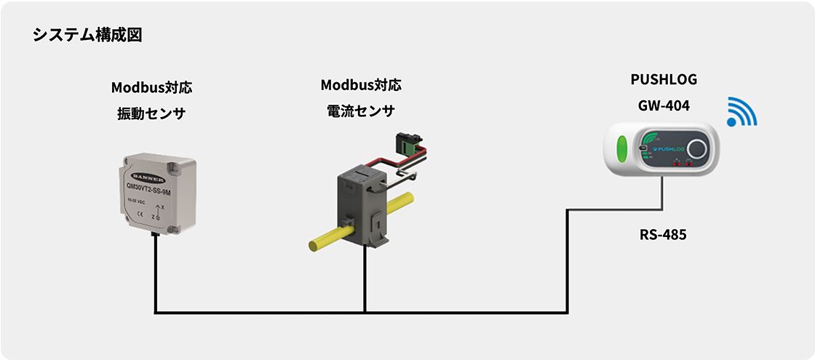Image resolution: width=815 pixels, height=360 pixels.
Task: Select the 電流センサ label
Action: click(361, 111)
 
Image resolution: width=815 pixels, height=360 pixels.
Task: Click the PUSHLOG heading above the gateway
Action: click(659, 79)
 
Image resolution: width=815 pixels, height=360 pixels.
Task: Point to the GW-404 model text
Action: click(659, 105)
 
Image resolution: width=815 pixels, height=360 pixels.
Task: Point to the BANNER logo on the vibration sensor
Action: click(150, 177)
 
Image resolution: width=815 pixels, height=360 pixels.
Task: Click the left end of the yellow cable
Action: click(314, 245)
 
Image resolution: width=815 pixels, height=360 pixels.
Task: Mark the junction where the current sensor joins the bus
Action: click(364, 313)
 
